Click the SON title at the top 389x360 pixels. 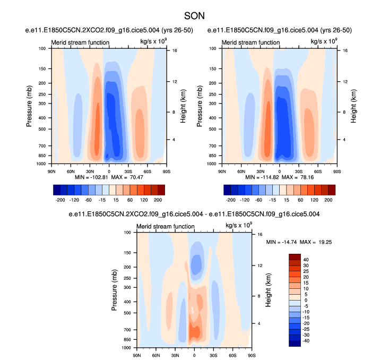pyautogui.click(x=194, y=16)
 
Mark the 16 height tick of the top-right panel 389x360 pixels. pyautogui.click(x=344, y=50)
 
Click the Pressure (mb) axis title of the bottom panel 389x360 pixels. pyautogui.click(x=115, y=290)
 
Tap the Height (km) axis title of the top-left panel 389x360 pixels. pyautogui.click(x=182, y=106)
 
